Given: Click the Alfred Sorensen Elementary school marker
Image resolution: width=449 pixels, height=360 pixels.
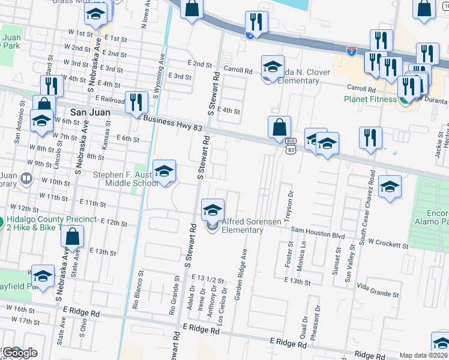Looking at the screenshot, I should (x=212, y=211).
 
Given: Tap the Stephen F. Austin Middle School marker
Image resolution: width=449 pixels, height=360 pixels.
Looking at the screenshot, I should (x=164, y=172).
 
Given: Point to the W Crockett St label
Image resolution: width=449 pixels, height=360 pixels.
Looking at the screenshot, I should (x=388, y=244).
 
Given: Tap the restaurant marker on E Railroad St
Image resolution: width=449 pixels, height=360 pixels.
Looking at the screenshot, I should (x=136, y=103).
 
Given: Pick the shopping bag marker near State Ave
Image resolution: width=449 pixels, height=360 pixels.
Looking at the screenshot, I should (x=72, y=238).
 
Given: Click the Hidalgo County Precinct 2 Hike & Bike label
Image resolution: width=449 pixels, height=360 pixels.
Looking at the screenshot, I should (x=51, y=224).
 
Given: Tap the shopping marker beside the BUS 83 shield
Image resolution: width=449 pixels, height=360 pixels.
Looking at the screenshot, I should (x=279, y=128).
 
